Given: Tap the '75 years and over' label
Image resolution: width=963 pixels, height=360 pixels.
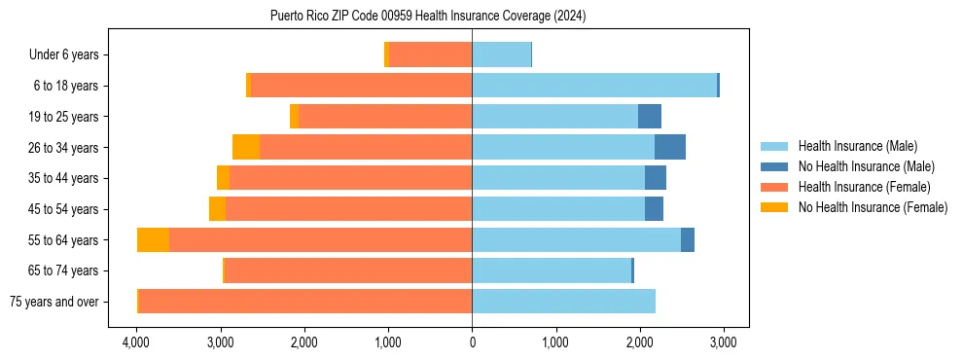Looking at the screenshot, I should click(54, 302).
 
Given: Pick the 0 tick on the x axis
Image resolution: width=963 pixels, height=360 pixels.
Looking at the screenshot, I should click(472, 342).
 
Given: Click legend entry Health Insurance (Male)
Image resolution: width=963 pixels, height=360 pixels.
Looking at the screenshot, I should click(857, 146).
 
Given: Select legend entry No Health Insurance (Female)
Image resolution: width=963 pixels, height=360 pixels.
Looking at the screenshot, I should click(873, 207).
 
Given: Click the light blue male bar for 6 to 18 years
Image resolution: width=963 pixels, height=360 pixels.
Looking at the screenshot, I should click(594, 86).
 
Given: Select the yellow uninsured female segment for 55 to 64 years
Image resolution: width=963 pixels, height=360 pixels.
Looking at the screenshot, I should click(153, 239).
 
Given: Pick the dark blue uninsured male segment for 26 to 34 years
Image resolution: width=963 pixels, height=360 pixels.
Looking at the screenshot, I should click(670, 147).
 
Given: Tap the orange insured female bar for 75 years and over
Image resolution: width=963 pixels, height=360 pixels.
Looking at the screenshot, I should click(305, 302).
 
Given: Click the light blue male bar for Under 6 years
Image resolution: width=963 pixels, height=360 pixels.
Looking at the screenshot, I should click(501, 54).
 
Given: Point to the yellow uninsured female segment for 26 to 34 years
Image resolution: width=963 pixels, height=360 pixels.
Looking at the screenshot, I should click(246, 147).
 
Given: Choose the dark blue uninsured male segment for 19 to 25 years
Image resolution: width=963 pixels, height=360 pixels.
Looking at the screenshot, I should click(650, 116).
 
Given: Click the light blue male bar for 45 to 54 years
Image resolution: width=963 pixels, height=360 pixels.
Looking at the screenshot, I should click(558, 208).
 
